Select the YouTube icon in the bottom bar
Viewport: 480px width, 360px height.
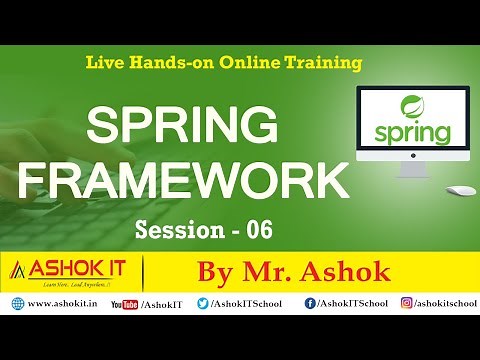click(124, 302)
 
